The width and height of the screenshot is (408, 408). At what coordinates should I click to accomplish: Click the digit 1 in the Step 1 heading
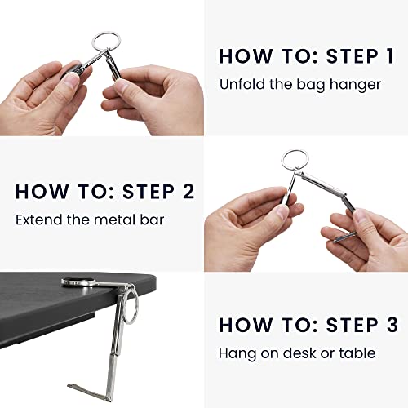point(390,56)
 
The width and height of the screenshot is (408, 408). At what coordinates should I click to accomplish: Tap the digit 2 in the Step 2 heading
point(188,192)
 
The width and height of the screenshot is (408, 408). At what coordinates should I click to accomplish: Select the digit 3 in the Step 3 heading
point(392,325)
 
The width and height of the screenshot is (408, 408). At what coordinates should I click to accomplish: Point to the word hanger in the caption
point(355,85)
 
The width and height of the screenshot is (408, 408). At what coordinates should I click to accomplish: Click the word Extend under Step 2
point(39,220)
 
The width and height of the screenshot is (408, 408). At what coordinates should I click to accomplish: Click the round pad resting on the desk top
point(78,282)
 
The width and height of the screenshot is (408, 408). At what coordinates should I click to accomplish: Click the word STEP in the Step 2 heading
point(149,192)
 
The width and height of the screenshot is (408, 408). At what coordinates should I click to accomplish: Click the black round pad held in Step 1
point(73,69)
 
